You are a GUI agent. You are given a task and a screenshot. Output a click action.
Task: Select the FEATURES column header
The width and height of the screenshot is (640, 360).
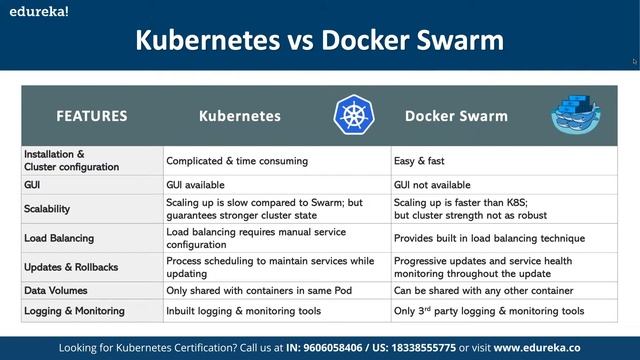click(x=91, y=116)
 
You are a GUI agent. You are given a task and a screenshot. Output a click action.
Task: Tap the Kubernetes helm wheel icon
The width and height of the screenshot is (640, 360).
click(x=352, y=115)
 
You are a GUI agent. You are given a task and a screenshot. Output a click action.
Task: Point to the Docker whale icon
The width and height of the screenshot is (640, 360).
click(x=577, y=115)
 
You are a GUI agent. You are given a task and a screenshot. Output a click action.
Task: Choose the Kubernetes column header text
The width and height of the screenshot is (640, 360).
click(x=239, y=116)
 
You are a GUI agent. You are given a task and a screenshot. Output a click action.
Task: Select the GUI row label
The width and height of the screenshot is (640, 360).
click(x=33, y=185)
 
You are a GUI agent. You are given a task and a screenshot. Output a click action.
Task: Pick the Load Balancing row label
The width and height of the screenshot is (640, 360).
click(x=60, y=239)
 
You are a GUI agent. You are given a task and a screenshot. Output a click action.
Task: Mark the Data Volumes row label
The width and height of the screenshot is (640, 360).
click(x=58, y=290)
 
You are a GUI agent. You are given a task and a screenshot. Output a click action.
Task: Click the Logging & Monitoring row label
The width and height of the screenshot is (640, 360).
click(x=75, y=311)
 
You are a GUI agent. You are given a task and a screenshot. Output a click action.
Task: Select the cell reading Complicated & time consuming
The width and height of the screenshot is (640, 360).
click(x=237, y=160)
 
